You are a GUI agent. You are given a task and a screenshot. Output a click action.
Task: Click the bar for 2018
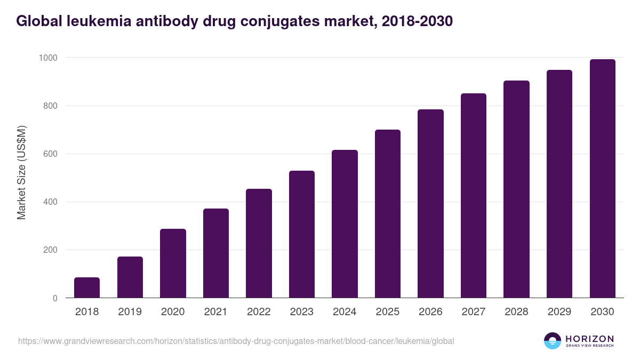(x=87, y=287)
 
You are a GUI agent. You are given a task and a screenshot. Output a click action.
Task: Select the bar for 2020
(x=173, y=263)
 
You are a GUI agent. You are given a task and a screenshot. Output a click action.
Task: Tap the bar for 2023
(x=302, y=234)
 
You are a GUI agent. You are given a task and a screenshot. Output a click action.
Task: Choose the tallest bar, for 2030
(x=602, y=179)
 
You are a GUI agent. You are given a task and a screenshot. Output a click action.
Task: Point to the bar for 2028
(x=516, y=189)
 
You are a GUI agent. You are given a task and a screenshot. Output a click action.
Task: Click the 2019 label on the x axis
(x=130, y=312)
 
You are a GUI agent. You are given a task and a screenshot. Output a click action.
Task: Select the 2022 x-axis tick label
(x=259, y=312)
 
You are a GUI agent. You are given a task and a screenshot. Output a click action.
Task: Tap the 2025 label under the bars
(x=388, y=312)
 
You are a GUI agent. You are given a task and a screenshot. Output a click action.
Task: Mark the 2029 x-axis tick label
(x=559, y=312)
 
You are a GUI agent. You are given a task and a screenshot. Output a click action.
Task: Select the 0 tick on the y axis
(x=55, y=299)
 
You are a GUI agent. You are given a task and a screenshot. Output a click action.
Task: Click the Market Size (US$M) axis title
(x=22, y=173)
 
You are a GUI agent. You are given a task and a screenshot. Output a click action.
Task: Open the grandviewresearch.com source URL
(x=236, y=341)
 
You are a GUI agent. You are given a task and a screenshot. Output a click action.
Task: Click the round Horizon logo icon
(x=552, y=341)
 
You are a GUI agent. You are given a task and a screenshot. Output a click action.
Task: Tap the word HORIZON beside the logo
(x=589, y=339)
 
